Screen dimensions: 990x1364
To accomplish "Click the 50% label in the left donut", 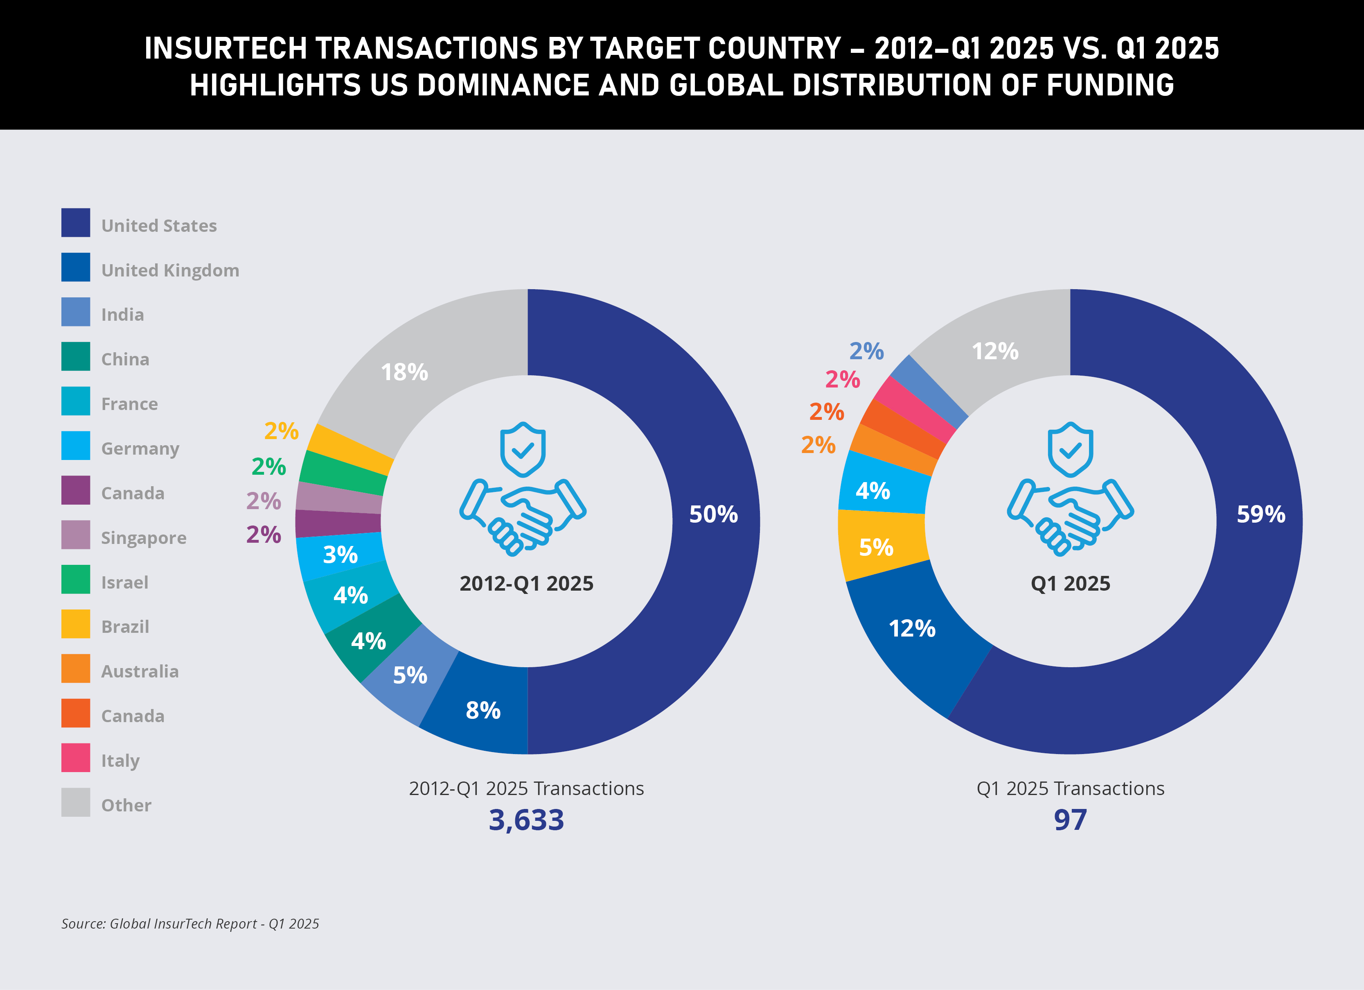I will [x=713, y=514].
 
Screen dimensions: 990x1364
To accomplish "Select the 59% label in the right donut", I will [x=1260, y=514].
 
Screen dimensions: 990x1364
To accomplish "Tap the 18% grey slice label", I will [x=405, y=372].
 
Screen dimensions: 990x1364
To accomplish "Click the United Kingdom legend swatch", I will [x=76, y=267].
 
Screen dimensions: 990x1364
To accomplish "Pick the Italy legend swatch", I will [x=76, y=758].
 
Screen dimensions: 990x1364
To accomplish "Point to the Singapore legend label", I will [x=144, y=537].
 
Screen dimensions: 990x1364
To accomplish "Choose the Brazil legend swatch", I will [x=76, y=624].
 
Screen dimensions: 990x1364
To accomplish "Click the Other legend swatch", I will [x=76, y=802].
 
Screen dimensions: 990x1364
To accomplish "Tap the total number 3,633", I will [x=526, y=820].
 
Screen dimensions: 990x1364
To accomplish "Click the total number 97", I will [x=1070, y=820].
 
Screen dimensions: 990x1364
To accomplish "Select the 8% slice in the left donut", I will [x=483, y=710].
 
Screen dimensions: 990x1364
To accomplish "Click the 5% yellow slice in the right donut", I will [x=876, y=547].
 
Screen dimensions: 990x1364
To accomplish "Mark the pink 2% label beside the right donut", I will [x=843, y=380].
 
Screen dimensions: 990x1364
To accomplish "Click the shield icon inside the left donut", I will [x=523, y=450].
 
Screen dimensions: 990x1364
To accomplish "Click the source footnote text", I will [x=190, y=924].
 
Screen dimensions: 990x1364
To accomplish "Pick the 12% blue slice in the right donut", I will [x=912, y=629].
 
